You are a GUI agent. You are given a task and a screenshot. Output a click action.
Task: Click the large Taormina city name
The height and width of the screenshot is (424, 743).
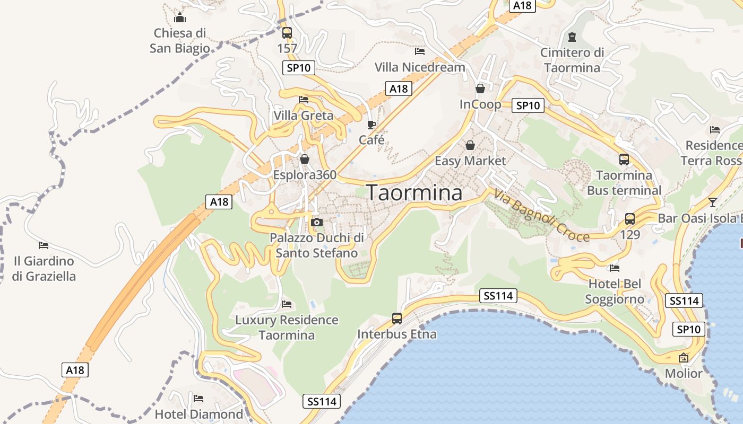tap(414, 192)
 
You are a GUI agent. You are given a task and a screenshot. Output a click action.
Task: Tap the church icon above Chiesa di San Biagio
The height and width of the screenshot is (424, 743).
tap(180, 17)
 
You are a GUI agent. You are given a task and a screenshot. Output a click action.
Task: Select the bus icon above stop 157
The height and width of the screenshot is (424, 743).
tap(287, 33)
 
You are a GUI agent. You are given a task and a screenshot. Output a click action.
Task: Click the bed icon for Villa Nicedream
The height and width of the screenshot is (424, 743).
tap(420, 51)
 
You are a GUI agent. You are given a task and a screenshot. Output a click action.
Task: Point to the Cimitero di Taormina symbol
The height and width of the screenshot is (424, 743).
tap(572, 37)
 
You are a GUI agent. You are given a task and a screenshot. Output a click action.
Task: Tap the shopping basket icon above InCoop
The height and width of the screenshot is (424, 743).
tap(480, 89)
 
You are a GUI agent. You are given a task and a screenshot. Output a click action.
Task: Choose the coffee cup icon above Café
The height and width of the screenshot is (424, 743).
tap(371, 125)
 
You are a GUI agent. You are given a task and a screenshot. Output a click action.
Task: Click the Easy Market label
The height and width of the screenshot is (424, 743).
tap(470, 160)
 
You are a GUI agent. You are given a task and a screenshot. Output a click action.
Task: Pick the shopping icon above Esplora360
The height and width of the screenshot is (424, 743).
tap(305, 159)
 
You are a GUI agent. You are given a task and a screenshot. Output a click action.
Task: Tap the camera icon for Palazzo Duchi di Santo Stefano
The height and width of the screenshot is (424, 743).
tap(317, 222)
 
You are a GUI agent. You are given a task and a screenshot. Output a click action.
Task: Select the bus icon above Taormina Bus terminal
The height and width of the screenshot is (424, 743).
tap(624, 159)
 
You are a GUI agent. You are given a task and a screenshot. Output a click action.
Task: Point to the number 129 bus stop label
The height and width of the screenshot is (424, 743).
tap(630, 234)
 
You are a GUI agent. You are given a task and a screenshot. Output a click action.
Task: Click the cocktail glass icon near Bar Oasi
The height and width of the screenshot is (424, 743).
tap(712, 202)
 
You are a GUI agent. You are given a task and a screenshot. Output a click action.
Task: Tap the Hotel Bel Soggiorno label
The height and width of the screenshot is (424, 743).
tap(615, 291)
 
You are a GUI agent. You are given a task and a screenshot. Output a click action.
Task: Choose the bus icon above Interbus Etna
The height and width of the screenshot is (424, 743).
tap(397, 319)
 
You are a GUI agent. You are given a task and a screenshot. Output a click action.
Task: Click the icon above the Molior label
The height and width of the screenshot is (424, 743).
tap(684, 358)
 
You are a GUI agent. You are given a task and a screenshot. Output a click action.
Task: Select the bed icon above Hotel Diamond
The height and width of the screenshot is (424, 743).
tap(198, 398)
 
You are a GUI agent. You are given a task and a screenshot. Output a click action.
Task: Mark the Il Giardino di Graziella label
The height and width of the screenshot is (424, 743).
tap(44, 269)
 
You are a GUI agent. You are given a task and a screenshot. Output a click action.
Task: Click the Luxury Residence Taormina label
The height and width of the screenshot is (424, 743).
tap(287, 328)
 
